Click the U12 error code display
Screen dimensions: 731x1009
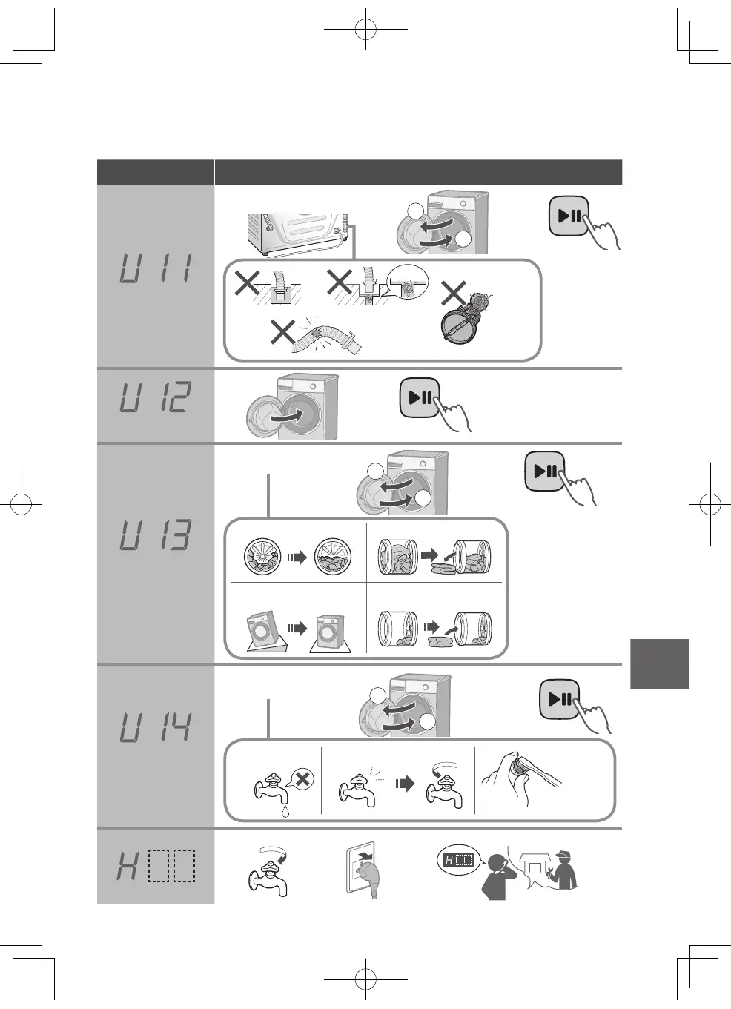coord(156,397)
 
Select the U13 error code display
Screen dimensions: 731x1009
coord(156,535)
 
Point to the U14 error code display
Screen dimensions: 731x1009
coord(156,727)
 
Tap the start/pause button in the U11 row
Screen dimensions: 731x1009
coord(569,216)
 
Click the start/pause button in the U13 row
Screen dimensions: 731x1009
coord(545,471)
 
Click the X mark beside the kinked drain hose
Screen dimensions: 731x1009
coord(282,331)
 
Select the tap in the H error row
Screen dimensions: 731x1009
coord(267,871)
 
